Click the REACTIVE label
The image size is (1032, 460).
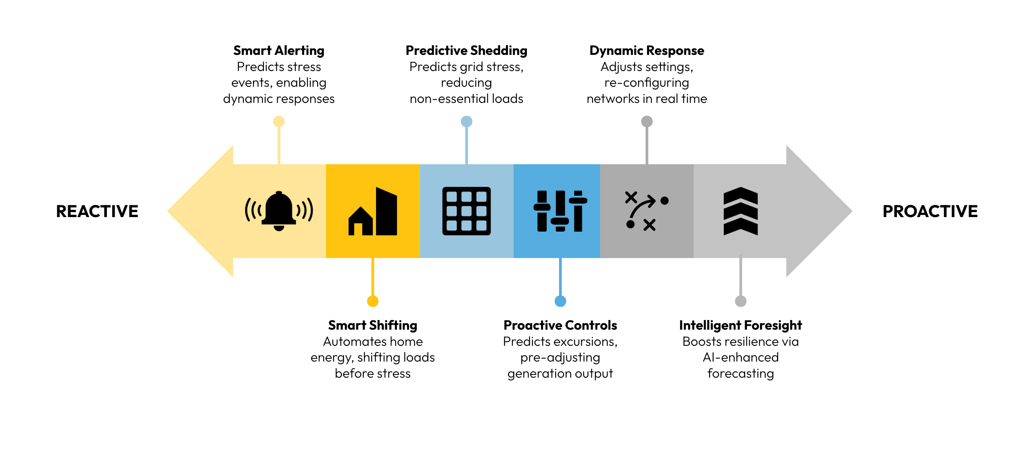97,211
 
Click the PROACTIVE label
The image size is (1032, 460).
930,211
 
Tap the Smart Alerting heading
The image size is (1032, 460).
279,50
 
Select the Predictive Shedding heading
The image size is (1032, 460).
466,50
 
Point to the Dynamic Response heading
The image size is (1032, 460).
647,50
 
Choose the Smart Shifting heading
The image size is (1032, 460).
373,325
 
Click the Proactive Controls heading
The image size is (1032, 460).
560,325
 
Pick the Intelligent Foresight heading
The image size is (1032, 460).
740,325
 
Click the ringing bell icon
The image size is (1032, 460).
279,211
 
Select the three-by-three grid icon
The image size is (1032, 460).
466,211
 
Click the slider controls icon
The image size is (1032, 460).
560,211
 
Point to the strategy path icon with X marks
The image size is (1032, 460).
647,211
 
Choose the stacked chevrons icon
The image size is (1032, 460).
741,211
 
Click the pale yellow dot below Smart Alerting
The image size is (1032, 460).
279,121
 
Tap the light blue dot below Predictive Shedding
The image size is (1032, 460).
466,121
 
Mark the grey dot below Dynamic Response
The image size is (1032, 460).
647,121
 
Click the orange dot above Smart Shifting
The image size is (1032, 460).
373,301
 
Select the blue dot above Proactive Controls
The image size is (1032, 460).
560,301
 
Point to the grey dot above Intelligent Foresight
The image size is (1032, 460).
741,301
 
